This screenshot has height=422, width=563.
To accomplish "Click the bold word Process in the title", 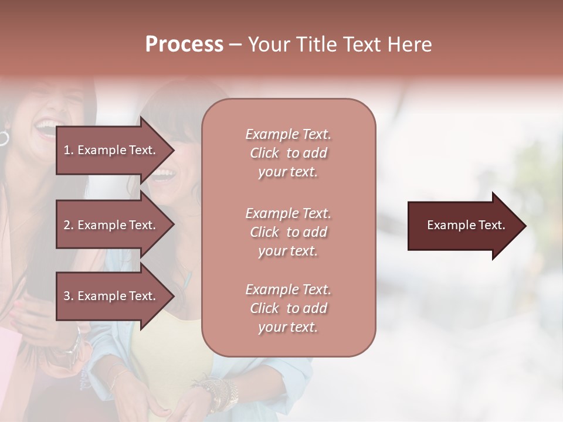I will pos(184,45).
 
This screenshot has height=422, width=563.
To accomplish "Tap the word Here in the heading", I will pos(411,45).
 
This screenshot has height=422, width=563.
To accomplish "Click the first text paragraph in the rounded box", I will pos(288,153).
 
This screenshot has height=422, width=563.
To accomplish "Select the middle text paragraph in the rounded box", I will pos(288,232).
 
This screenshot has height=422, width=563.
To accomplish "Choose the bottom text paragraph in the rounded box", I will pos(288,308).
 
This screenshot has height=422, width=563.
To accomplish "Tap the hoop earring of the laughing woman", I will pos(4,138).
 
